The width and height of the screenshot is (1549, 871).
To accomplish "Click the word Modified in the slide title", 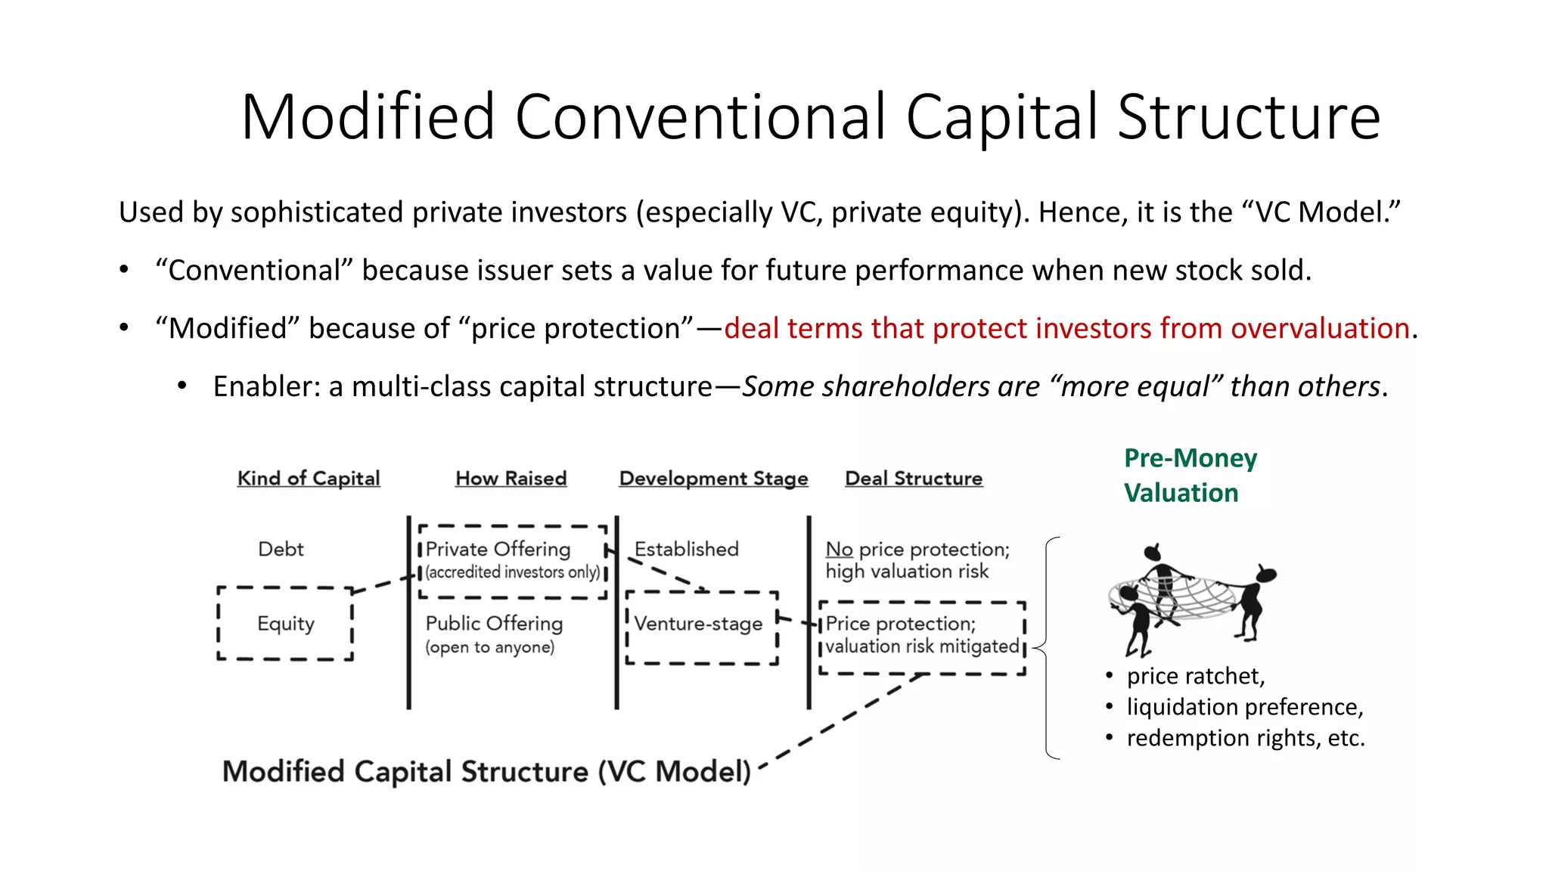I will [x=368, y=117].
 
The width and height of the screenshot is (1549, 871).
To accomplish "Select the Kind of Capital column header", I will [x=309, y=479].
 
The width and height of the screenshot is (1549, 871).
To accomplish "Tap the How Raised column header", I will [x=511, y=479].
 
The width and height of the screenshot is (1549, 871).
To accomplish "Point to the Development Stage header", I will [x=713, y=479].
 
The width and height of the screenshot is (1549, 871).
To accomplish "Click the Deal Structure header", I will [x=914, y=479].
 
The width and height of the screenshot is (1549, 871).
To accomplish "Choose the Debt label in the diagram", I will [x=281, y=549].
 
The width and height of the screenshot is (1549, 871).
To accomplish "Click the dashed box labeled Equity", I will [x=285, y=624].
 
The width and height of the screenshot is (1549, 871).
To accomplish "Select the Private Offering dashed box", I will [x=512, y=560].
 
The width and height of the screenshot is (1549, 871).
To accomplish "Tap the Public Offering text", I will [x=494, y=624].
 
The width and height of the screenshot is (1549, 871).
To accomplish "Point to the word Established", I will [x=686, y=549].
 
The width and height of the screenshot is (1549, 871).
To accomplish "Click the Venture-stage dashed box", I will [x=701, y=628].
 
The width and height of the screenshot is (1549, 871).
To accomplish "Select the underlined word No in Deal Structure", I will [x=839, y=549].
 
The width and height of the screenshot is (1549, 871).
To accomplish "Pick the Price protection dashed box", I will [x=922, y=637].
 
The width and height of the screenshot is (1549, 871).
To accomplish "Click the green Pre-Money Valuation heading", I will [x=1190, y=476].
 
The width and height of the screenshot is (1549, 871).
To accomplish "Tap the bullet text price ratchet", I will [x=1195, y=676].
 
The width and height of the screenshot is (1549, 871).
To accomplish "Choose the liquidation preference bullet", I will [x=1244, y=707].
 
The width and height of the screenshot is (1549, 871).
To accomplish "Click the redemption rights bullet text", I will [x=1245, y=738].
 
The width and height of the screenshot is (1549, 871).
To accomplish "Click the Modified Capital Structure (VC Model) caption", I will [x=486, y=772].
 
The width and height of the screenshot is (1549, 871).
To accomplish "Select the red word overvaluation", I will [x=1320, y=329].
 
